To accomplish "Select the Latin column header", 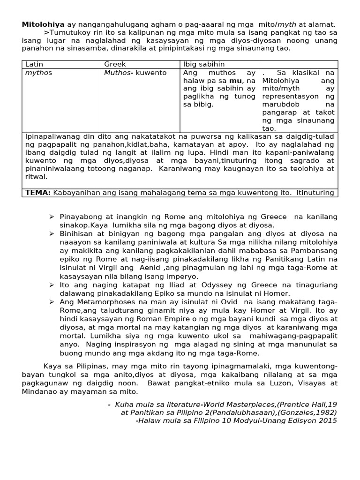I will click(34, 64).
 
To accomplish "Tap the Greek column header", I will click(115, 64).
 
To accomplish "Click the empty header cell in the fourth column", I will click(298, 64).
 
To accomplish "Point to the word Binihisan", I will click(76, 233).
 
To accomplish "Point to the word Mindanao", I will click(39, 391).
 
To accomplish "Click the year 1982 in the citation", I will click(324, 412).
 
